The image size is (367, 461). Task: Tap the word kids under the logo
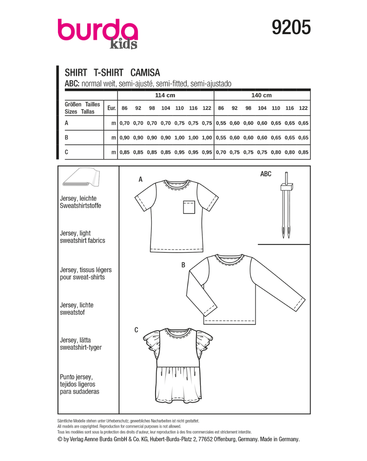(123, 44)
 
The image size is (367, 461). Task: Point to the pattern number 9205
(291, 28)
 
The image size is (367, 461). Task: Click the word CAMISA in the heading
(145, 73)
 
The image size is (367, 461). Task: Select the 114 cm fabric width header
(165, 95)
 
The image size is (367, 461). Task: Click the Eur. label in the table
(111, 108)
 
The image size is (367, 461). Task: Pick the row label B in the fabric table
(67, 137)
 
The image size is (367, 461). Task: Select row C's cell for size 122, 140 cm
(303, 152)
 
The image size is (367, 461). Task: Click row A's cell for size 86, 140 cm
(221, 123)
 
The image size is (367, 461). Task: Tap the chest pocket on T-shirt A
(188, 207)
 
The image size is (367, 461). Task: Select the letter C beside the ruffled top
(136, 330)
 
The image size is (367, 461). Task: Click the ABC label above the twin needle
(266, 174)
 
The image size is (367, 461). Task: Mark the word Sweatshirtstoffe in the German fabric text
(80, 206)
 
